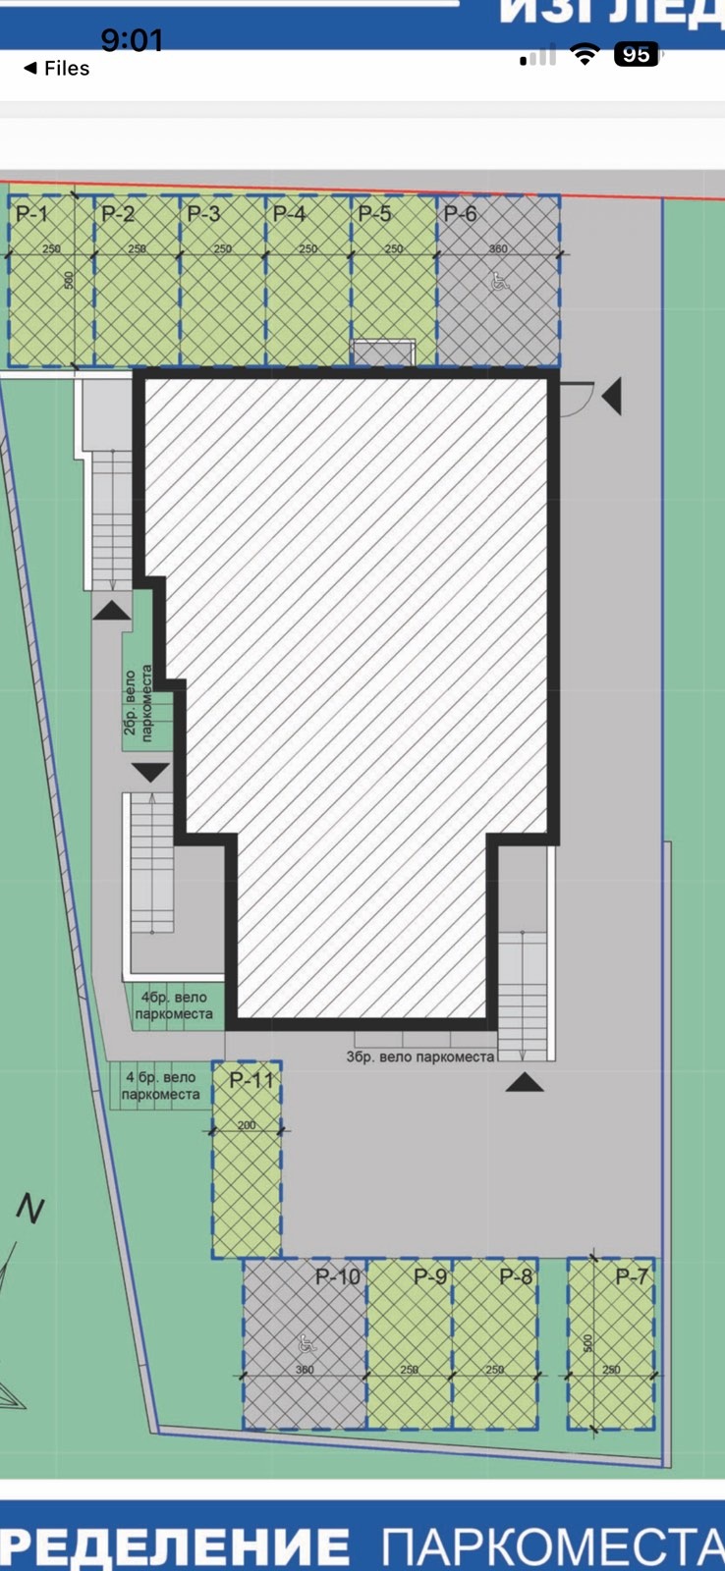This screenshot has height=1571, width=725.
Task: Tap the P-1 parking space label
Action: (x=31, y=213)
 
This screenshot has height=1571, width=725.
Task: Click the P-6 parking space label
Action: (x=460, y=213)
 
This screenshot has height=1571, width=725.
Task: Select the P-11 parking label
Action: (x=251, y=1080)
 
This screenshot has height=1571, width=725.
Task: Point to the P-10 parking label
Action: (x=338, y=1276)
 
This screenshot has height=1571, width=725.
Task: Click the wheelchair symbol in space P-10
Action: (x=305, y=1343)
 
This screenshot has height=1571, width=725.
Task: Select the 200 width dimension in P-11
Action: (x=247, y=1125)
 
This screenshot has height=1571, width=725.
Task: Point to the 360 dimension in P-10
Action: (x=305, y=1369)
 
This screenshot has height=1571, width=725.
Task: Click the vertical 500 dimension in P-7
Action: (x=588, y=1342)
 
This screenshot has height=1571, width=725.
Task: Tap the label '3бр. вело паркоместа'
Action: (x=420, y=1056)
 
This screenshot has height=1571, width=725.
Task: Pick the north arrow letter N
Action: (x=30, y=1210)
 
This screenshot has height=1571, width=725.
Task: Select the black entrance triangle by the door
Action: (x=611, y=398)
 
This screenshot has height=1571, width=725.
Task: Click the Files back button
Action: (x=56, y=68)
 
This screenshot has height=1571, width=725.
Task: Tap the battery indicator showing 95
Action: (x=636, y=55)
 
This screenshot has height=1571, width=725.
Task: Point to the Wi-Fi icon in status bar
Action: (x=586, y=55)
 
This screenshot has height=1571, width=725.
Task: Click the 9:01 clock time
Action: (x=132, y=40)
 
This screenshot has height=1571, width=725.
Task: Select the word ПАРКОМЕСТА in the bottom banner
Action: (x=553, y=1545)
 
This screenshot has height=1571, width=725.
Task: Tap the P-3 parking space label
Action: (x=203, y=213)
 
